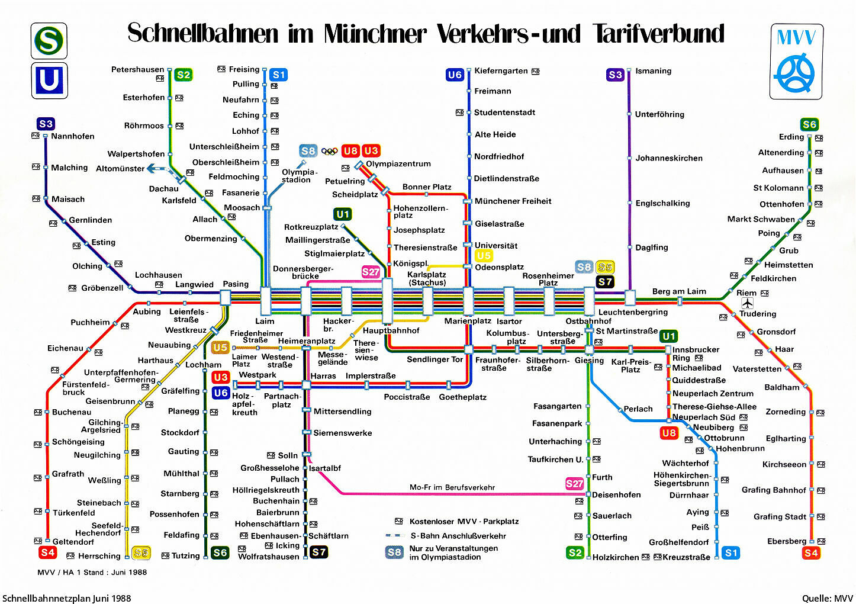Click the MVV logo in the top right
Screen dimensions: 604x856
tap(796, 62)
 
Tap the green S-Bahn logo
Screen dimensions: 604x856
tap(49, 41)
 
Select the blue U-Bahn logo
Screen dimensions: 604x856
tap(49, 81)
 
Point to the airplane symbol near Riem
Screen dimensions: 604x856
tap(748, 303)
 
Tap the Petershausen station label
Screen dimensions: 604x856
tap(137, 70)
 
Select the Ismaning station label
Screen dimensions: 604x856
tap(653, 71)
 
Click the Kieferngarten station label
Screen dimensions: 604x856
tap(501, 71)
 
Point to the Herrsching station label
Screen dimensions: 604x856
tap(99, 556)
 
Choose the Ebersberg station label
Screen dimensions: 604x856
tap(786, 541)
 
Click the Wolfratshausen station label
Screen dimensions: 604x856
tap(268, 557)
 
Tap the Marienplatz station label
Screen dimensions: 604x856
tap(468, 321)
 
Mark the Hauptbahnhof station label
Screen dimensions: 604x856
tap(391, 330)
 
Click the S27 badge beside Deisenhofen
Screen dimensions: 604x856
tap(574, 483)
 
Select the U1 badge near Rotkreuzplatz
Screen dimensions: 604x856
tap(342, 214)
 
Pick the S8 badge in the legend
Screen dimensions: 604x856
tap(394, 552)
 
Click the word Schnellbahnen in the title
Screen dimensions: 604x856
tap(202, 34)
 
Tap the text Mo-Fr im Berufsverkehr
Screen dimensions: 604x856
tap(452, 487)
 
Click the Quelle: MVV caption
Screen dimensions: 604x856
tap(827, 598)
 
